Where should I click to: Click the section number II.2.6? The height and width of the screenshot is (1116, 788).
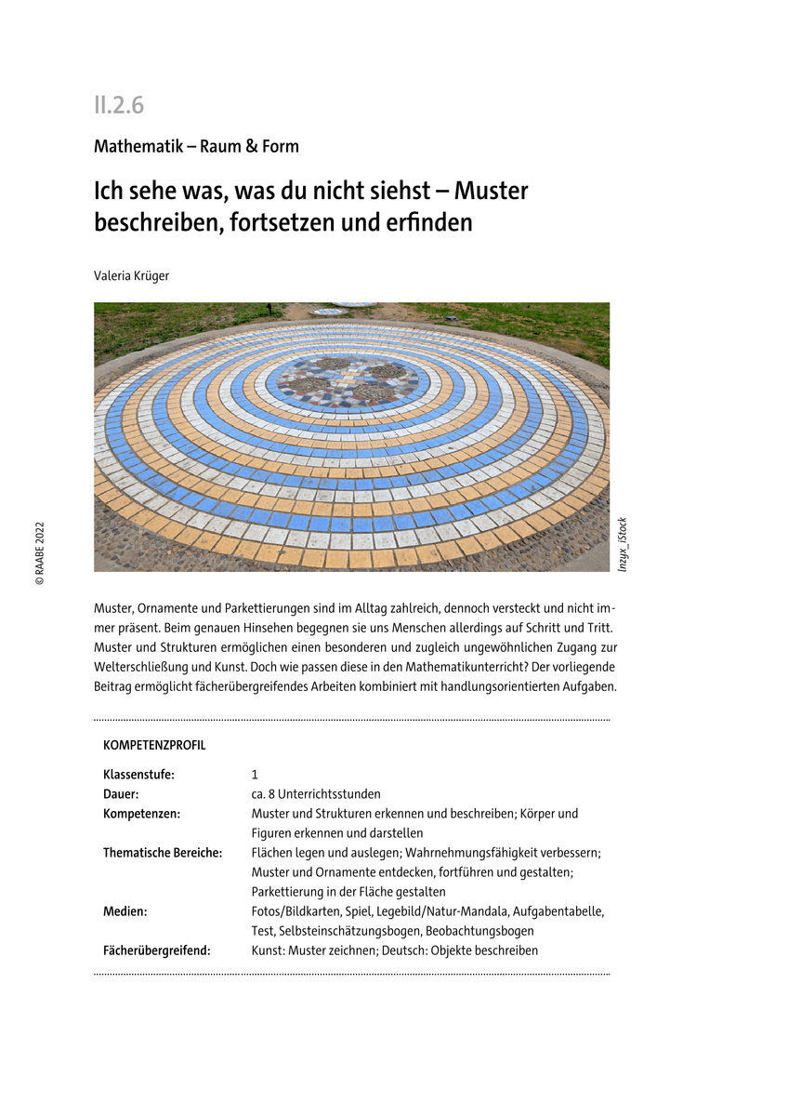[x=118, y=105]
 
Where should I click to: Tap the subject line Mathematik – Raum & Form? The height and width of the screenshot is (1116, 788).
[x=196, y=146]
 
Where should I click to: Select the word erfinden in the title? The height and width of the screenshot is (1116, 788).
[x=427, y=223]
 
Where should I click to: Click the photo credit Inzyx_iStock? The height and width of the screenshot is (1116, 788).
[x=623, y=544]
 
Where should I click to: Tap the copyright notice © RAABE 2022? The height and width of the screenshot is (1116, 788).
[x=40, y=554]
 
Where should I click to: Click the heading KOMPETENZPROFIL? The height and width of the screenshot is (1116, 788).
[x=154, y=746]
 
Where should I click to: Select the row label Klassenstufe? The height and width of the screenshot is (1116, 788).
[x=138, y=775]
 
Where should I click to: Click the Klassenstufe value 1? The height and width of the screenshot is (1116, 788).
[x=255, y=775]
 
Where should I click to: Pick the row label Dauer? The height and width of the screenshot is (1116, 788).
[x=121, y=794]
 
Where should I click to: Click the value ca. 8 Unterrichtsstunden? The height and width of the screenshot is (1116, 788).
[x=316, y=794]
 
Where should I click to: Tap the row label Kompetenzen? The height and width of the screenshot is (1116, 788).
[x=141, y=814]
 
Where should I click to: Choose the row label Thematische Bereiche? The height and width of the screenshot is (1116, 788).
[x=163, y=853]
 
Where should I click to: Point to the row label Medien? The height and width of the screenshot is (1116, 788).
[x=125, y=911]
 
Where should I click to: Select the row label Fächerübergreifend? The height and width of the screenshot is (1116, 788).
[x=157, y=950]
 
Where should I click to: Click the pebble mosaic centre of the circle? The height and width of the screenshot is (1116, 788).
[x=348, y=380]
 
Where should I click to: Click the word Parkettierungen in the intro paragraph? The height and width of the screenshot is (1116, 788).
[x=272, y=607]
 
